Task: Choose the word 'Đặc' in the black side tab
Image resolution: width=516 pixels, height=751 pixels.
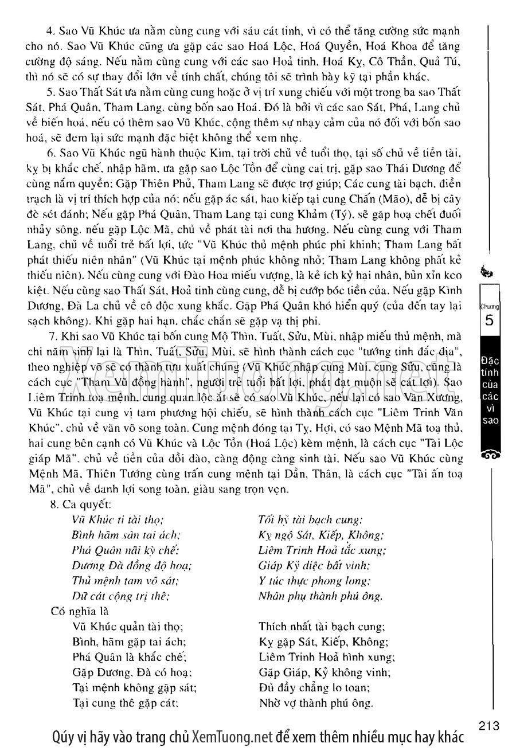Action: [491, 361]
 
